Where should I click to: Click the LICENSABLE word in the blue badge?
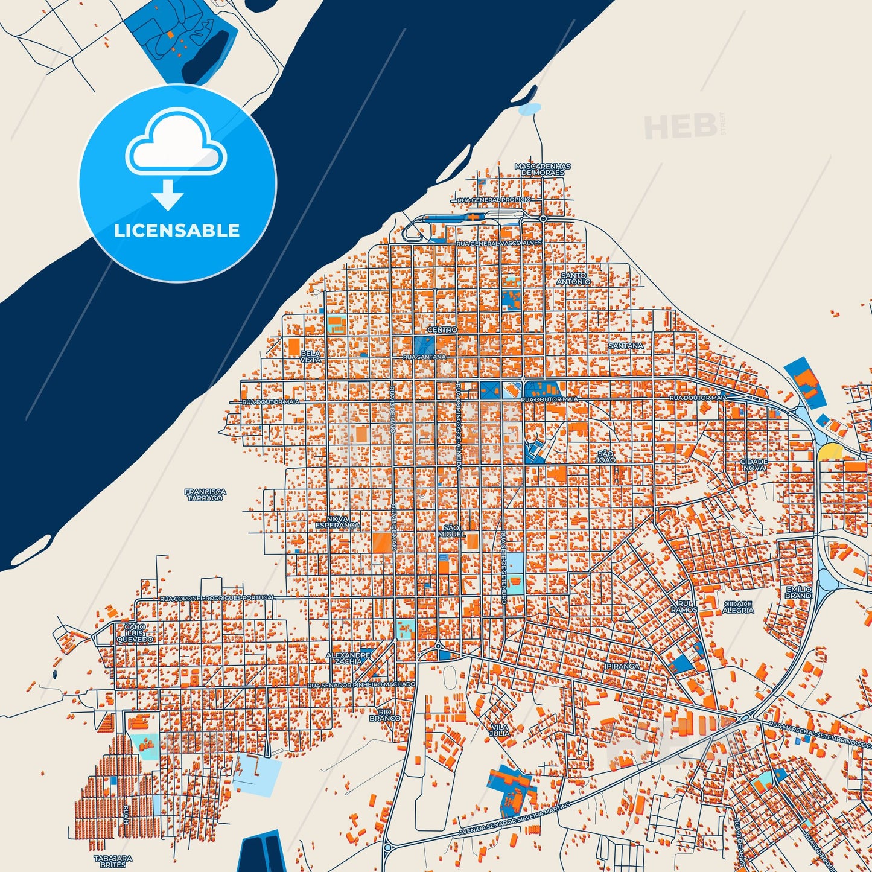pos(177,231)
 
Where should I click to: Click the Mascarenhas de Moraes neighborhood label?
pos(543,169)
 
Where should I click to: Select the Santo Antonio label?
pos(573,278)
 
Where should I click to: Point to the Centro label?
pos(442,330)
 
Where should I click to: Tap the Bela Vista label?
pos(311,357)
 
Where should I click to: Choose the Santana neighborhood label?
pos(626,346)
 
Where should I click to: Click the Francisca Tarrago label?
pos(205,495)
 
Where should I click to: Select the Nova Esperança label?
pos(337,522)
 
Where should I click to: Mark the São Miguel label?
pos(452,531)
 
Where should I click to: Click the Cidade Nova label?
pos(754,465)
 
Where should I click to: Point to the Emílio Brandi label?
pos(799,592)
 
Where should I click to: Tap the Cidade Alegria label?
pos(737,606)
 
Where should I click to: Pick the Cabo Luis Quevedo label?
pos(135,633)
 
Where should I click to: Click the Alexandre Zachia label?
pos(348,658)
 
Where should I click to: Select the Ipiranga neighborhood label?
pos(622,666)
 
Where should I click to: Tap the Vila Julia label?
pos(500,730)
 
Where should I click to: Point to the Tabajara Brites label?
pos(113,861)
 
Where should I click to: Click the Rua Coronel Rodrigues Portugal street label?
pos(217,598)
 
